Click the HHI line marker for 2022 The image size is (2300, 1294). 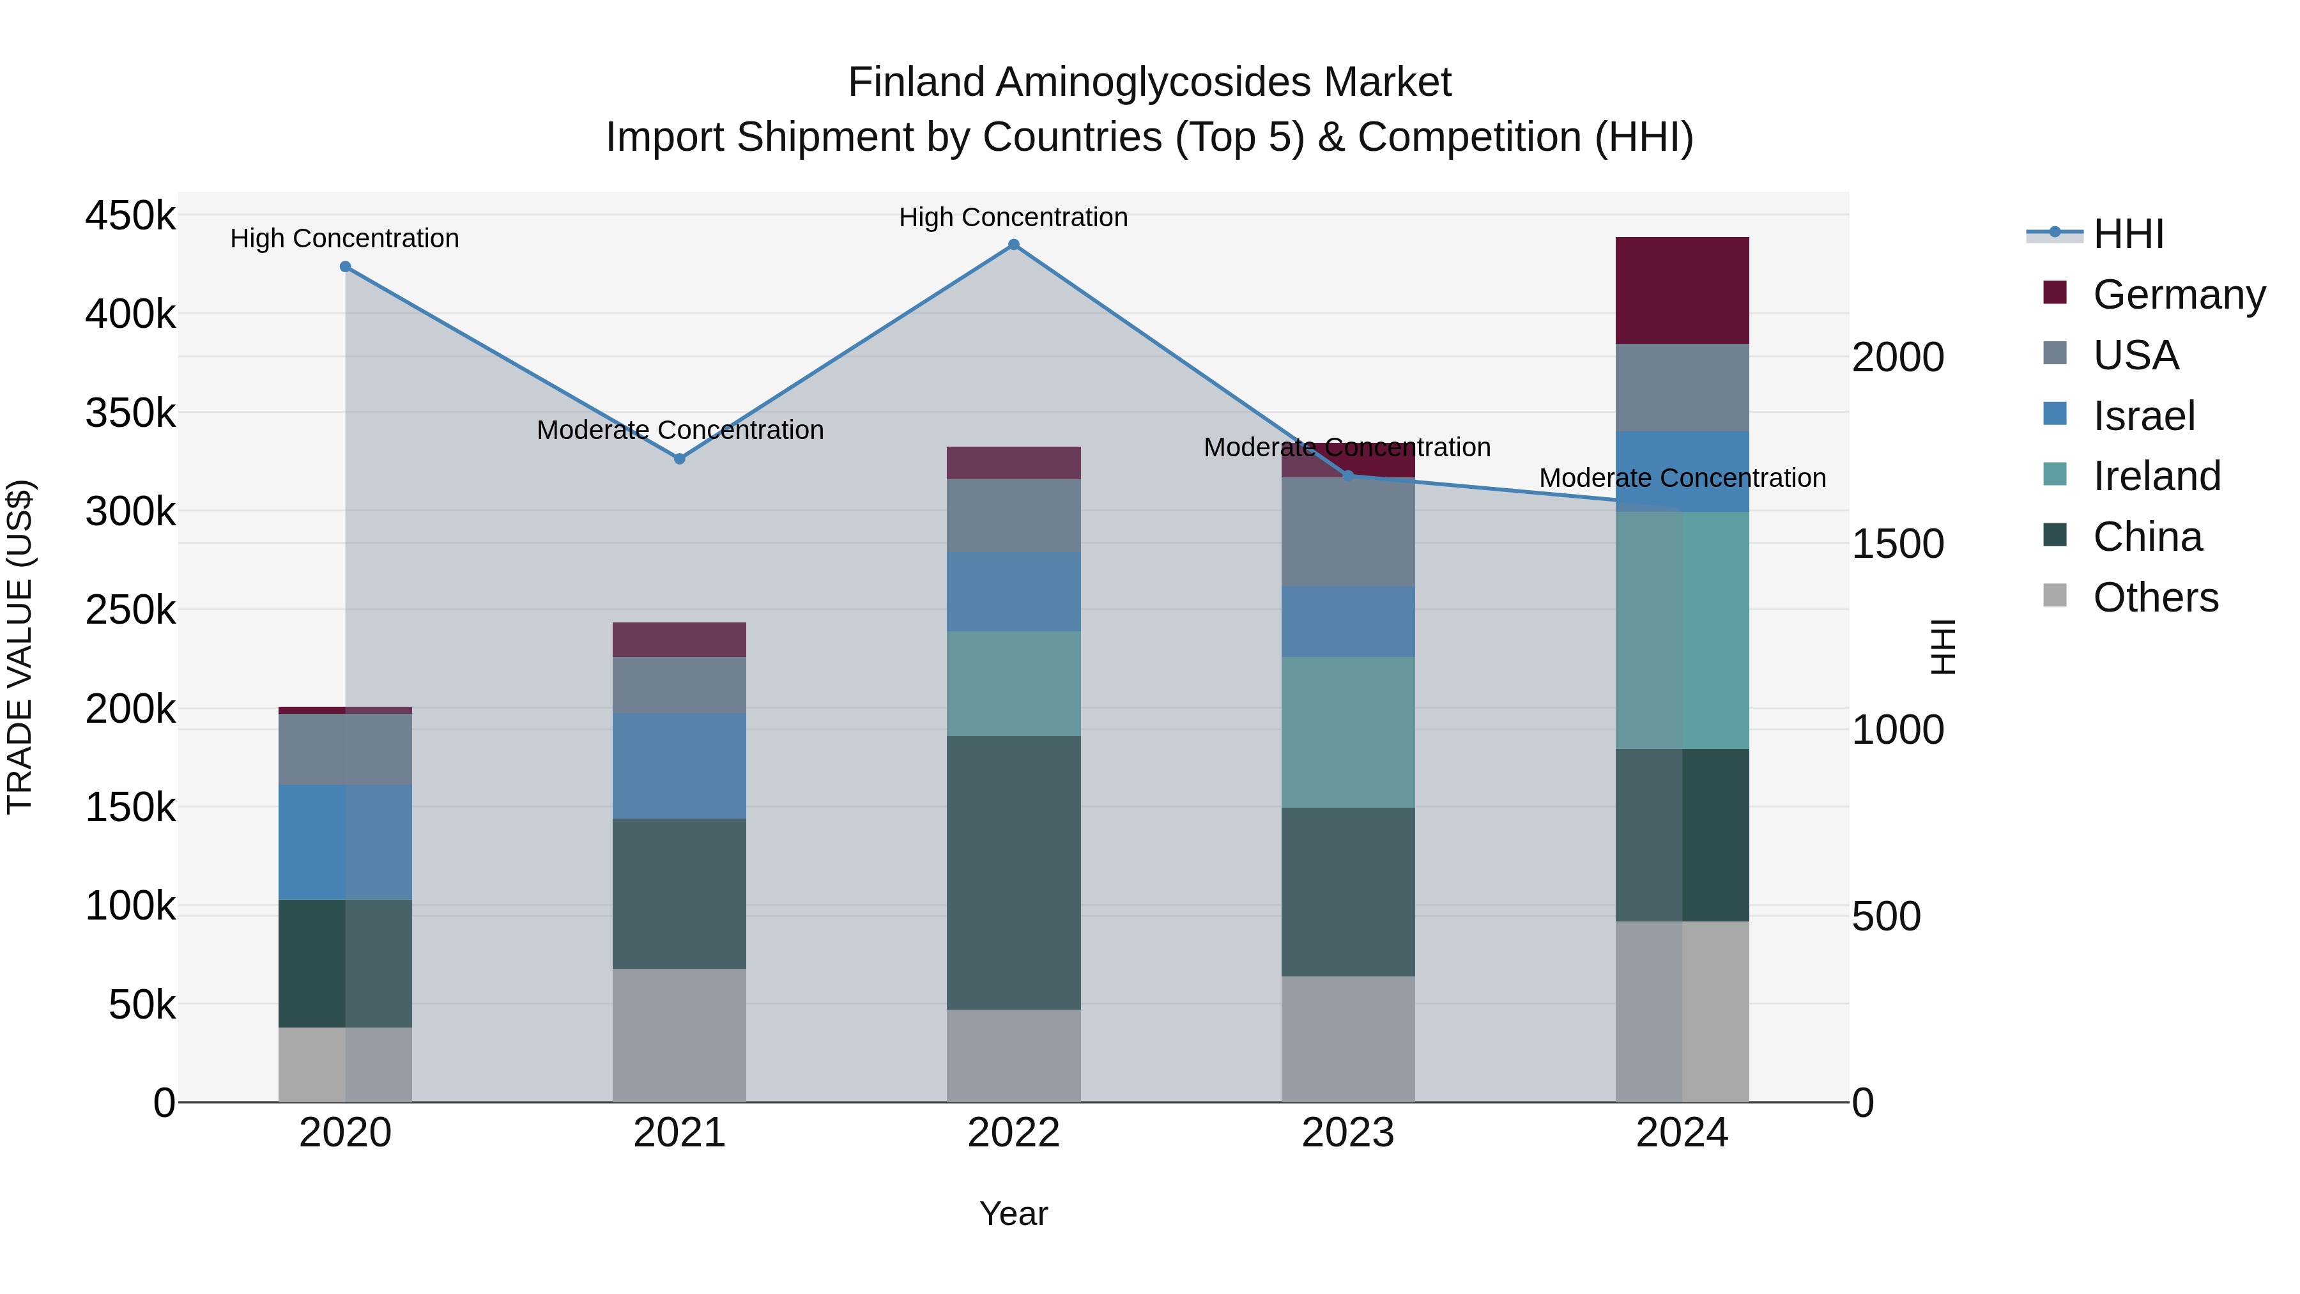[1013, 245]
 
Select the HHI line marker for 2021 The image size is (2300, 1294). [680, 459]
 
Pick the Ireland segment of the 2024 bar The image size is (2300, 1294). [1682, 631]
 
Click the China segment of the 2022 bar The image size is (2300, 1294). [1013, 872]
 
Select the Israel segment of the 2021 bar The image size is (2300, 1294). [680, 766]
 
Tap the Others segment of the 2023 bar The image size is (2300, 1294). [1348, 1038]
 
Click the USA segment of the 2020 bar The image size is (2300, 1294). [346, 750]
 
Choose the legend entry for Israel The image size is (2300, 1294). [2143, 416]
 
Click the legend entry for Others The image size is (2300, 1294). [2154, 597]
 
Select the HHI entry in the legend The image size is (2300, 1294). [2127, 234]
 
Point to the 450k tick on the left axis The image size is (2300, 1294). [130, 216]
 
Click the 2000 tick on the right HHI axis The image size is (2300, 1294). [1897, 357]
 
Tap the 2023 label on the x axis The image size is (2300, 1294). [1348, 1133]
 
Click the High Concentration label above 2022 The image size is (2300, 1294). [1013, 217]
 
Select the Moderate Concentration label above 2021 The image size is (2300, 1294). [680, 429]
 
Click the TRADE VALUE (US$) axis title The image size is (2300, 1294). [20, 647]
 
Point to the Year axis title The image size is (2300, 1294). [1013, 1213]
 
